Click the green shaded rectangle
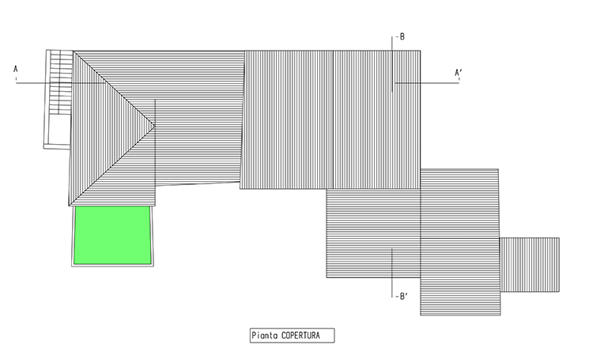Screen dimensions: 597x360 click(113, 235)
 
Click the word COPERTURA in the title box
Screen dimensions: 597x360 click(300, 335)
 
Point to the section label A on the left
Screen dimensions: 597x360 click(16, 69)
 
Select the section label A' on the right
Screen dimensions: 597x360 click(459, 73)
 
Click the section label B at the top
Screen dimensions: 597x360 click(402, 37)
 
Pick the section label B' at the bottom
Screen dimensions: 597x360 click(403, 297)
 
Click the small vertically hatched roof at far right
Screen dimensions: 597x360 click(530, 265)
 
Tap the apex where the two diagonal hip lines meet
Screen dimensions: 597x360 click(155, 125)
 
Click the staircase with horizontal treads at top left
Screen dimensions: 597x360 click(60, 82)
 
